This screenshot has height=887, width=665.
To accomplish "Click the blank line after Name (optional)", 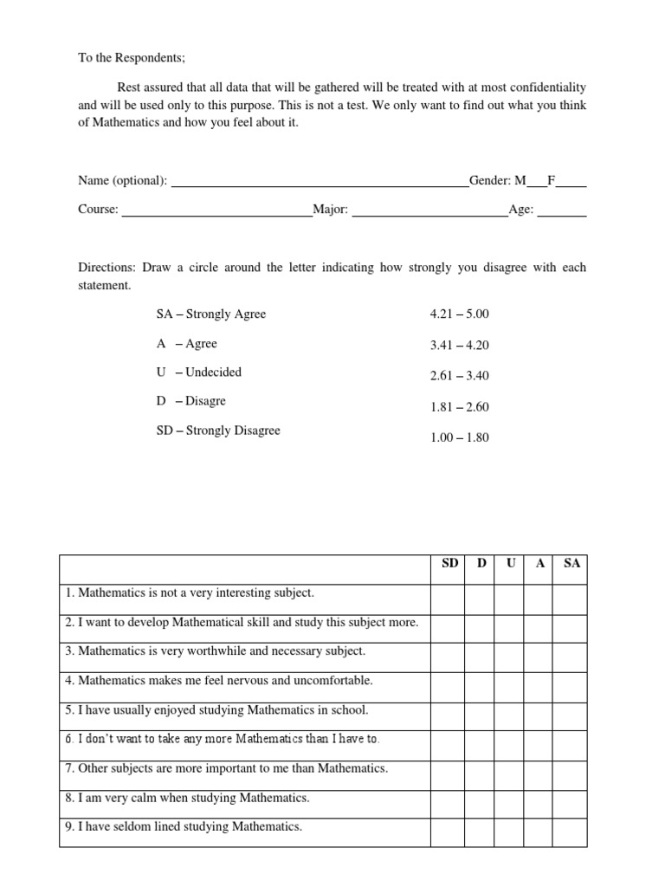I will (x=320, y=183).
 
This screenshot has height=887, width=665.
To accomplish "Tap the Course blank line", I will (x=216, y=212).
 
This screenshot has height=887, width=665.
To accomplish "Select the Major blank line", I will (x=429, y=212).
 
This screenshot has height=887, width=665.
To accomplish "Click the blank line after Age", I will (x=562, y=212).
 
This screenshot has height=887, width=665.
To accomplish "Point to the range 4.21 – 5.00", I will (x=459, y=314).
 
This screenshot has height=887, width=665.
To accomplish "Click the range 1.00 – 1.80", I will (x=459, y=437).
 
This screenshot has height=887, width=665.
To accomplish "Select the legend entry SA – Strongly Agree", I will (x=210, y=314).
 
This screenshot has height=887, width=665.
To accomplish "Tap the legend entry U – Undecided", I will (x=199, y=372).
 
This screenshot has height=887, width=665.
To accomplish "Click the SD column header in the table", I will (x=449, y=564).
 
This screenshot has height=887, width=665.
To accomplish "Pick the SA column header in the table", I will (x=571, y=564).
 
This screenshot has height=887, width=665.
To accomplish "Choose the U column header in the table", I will (x=510, y=564).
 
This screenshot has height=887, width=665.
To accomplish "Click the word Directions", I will (x=107, y=268).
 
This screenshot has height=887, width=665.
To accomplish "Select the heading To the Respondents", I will (x=132, y=58).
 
